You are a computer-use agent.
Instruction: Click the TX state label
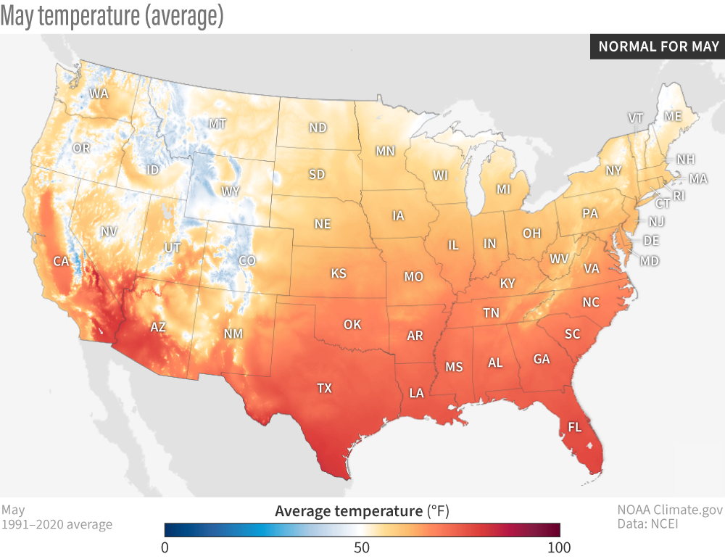pos(324,388)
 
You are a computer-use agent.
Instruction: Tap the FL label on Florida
pos(574,427)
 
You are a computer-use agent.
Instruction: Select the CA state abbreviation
pos(61,261)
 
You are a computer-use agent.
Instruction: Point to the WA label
pos(99,94)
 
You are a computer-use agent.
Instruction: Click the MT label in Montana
pos(217,124)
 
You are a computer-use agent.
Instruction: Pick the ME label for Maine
pos(673,116)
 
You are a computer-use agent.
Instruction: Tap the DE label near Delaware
pos(651,240)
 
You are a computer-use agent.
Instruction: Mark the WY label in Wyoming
pos(231,191)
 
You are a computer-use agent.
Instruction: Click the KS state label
pos(339,273)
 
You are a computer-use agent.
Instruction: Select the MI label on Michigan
pos(503,189)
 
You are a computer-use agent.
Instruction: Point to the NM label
pos(233,334)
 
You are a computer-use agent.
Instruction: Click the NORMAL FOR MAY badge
pos(658,47)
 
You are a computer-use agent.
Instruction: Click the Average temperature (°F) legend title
pos(362,512)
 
